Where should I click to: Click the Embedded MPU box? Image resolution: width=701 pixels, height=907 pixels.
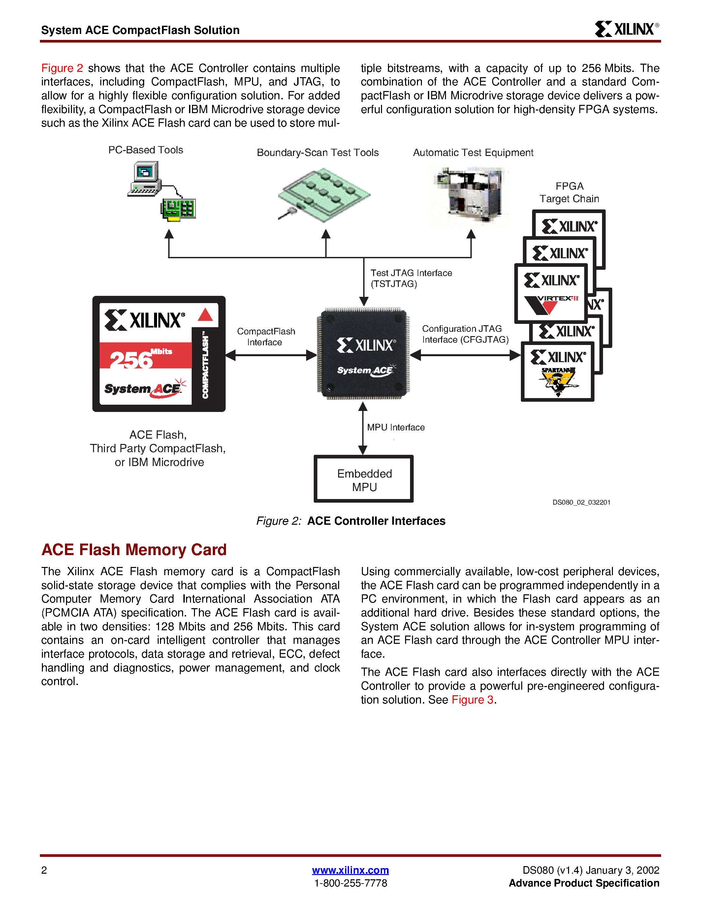pos(364,479)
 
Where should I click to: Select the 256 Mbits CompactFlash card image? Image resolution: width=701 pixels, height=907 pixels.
pos(159,354)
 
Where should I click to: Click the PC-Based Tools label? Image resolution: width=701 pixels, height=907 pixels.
pos(145,150)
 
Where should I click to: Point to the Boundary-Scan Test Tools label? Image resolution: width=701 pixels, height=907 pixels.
pos(317,152)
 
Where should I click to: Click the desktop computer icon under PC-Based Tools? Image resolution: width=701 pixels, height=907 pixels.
pos(144,178)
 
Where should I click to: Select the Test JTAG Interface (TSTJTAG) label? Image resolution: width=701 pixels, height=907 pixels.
pos(411,278)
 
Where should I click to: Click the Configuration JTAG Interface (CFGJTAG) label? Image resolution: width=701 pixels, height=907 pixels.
pos(465,334)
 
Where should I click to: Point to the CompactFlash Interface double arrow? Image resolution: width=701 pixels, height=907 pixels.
pos(271,355)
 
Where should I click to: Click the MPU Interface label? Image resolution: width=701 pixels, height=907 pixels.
pos(395,427)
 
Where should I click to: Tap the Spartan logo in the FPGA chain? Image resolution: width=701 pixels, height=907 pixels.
pos(558,380)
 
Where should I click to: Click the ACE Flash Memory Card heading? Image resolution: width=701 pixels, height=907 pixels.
pos(134,549)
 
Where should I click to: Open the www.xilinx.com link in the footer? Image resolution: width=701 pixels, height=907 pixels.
pos(350,870)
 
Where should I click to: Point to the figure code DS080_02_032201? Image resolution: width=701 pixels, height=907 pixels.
pos(581,502)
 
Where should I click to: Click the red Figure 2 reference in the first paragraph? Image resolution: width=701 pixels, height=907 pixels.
pos(62,68)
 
